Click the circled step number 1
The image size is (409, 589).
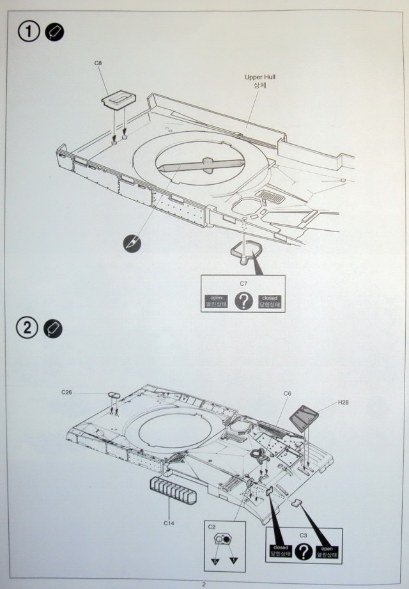(x=29, y=31)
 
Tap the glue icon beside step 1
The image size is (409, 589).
(x=54, y=32)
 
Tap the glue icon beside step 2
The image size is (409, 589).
(x=53, y=329)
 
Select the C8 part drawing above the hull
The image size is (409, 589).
(x=119, y=99)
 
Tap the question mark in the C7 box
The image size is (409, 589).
(x=243, y=300)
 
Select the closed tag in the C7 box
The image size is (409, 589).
(x=270, y=299)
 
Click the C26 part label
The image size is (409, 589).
(x=66, y=391)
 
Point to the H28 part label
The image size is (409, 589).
(x=343, y=403)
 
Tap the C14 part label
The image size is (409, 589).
(x=169, y=523)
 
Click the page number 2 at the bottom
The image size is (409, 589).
(x=204, y=583)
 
